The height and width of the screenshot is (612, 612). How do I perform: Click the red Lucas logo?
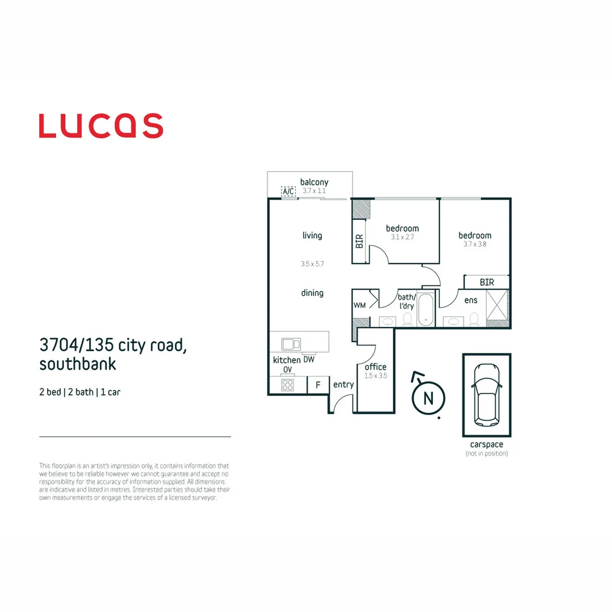(x=101, y=126)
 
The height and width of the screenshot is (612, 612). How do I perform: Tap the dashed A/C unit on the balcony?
(x=288, y=191)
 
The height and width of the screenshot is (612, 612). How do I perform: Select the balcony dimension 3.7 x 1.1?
(x=314, y=191)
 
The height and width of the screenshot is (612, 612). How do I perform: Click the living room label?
(x=312, y=235)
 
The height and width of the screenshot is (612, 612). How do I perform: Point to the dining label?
(x=312, y=293)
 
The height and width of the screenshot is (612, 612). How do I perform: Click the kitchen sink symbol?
(x=291, y=344)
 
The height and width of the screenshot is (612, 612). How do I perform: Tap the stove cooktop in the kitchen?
(x=288, y=385)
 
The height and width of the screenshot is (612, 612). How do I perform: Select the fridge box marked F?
(x=318, y=385)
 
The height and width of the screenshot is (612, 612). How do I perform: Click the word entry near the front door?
(x=343, y=385)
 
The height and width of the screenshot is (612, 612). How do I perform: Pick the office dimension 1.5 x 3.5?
(x=376, y=376)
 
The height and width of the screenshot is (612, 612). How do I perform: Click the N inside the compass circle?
(x=428, y=398)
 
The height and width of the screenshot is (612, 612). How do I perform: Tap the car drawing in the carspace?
(x=487, y=395)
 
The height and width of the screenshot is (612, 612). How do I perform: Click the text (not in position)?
(x=487, y=453)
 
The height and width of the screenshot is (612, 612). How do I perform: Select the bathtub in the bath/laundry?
(x=426, y=309)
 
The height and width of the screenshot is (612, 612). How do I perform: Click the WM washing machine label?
(x=359, y=305)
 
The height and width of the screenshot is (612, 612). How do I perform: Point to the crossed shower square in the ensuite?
(x=498, y=305)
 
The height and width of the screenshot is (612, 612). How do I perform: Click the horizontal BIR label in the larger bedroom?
(x=487, y=282)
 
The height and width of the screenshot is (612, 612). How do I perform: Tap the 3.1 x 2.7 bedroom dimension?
(x=402, y=237)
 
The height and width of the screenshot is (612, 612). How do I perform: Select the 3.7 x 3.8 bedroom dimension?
(x=475, y=244)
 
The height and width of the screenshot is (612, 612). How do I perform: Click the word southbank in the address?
(x=78, y=364)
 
